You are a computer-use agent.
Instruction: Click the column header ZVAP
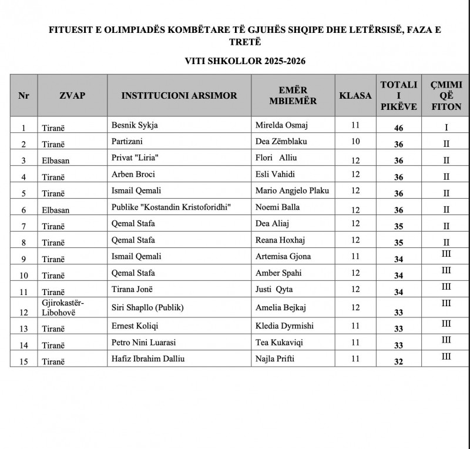(x=72, y=95)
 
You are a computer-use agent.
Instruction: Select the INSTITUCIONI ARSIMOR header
(x=179, y=95)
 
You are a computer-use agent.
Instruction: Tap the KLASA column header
(x=355, y=95)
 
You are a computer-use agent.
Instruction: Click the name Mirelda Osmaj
(x=278, y=125)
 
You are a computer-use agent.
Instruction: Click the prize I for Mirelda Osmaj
(x=446, y=126)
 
